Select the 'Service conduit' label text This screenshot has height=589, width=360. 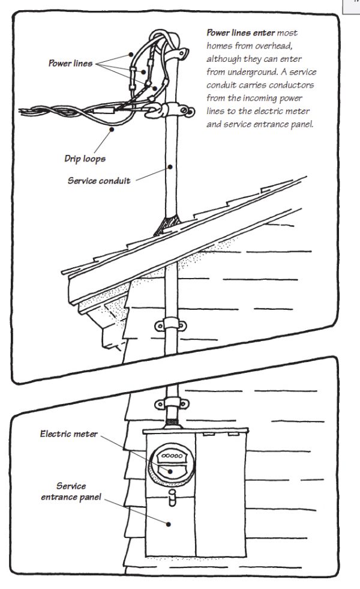[107, 180]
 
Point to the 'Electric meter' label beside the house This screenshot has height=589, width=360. [68, 433]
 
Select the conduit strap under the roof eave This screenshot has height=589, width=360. [170, 326]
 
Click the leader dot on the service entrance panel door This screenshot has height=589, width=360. [170, 524]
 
